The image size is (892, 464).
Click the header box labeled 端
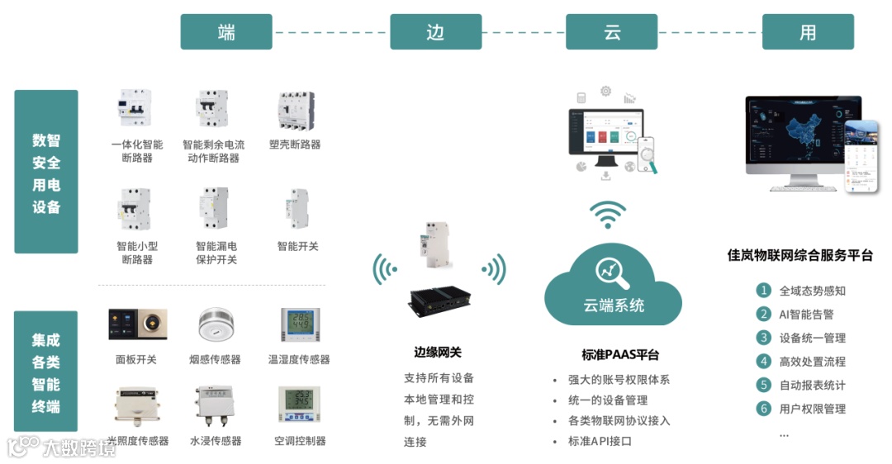coord(226,32)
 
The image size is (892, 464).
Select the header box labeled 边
coord(435,32)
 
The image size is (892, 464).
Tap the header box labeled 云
coord(612,32)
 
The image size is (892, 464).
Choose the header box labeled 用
coord(808,32)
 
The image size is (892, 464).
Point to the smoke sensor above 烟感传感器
coord(216,325)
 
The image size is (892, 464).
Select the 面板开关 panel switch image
coord(137,324)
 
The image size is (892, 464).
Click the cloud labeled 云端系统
coord(612,290)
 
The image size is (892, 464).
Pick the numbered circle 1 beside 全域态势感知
coord(763,291)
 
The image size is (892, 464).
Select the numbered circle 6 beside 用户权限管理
coord(763,408)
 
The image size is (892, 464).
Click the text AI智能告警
coord(806,314)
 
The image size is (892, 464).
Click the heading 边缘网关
coord(438,352)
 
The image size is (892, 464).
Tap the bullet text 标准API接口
coord(600,441)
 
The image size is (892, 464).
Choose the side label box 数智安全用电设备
coord(46,172)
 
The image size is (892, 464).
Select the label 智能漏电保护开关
coord(216,253)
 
